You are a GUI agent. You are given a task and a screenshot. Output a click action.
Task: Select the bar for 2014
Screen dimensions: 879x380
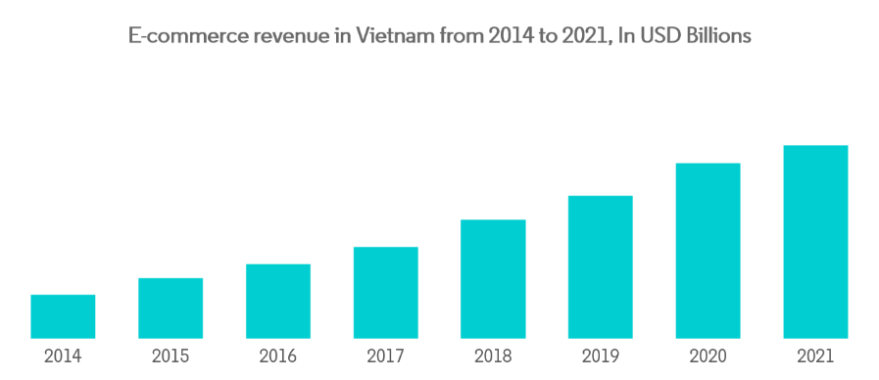pyautogui.click(x=63, y=316)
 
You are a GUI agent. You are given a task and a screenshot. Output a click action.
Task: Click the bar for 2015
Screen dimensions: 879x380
pyautogui.click(x=171, y=309)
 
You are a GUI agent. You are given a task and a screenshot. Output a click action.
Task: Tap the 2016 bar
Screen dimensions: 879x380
pyautogui.click(x=278, y=302)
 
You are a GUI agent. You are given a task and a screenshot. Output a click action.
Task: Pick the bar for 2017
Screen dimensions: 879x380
pyautogui.click(x=386, y=293)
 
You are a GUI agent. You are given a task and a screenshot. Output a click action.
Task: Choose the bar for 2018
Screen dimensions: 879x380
pyautogui.click(x=493, y=279)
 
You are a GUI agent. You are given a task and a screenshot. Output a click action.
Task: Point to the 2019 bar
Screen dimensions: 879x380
pyautogui.click(x=601, y=267)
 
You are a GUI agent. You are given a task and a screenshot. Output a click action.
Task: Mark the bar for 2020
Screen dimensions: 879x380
pyautogui.click(x=708, y=251)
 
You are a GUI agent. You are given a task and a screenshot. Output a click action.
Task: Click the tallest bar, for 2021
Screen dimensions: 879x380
pyautogui.click(x=815, y=242)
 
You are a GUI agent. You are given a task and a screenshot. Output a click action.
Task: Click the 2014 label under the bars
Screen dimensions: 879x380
pyautogui.click(x=63, y=356)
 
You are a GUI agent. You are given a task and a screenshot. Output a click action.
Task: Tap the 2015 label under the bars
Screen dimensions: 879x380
pyautogui.click(x=171, y=356)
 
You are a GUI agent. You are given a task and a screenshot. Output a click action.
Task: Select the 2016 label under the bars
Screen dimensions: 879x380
pyautogui.click(x=278, y=356)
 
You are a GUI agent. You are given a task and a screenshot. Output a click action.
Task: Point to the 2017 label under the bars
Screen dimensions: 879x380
pyautogui.click(x=386, y=356)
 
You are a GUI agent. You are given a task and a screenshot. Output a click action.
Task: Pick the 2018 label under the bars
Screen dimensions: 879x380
pyautogui.click(x=493, y=356)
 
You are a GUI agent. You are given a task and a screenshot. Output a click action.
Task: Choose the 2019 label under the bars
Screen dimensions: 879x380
pyautogui.click(x=601, y=356)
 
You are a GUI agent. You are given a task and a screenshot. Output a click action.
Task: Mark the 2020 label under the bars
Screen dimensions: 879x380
pyautogui.click(x=708, y=356)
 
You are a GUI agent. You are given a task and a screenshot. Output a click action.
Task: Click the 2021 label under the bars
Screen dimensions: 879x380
pyautogui.click(x=815, y=356)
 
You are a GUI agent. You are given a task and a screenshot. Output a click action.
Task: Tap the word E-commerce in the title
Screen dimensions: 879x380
pyautogui.click(x=178, y=36)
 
